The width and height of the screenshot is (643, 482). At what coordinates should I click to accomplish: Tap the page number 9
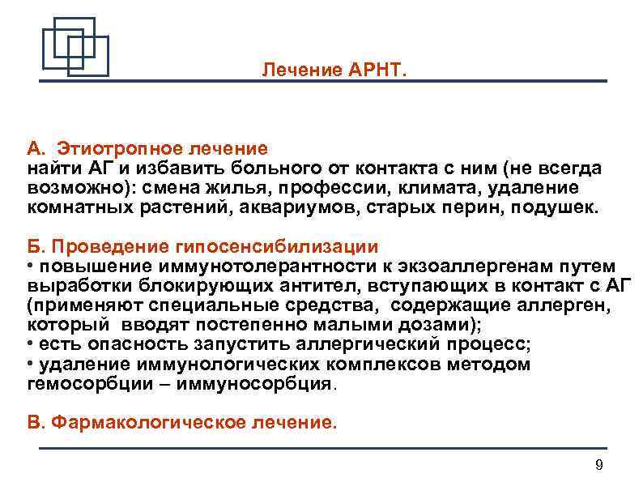click(x=598, y=464)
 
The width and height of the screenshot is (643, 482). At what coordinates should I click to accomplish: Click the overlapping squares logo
click(x=75, y=46)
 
